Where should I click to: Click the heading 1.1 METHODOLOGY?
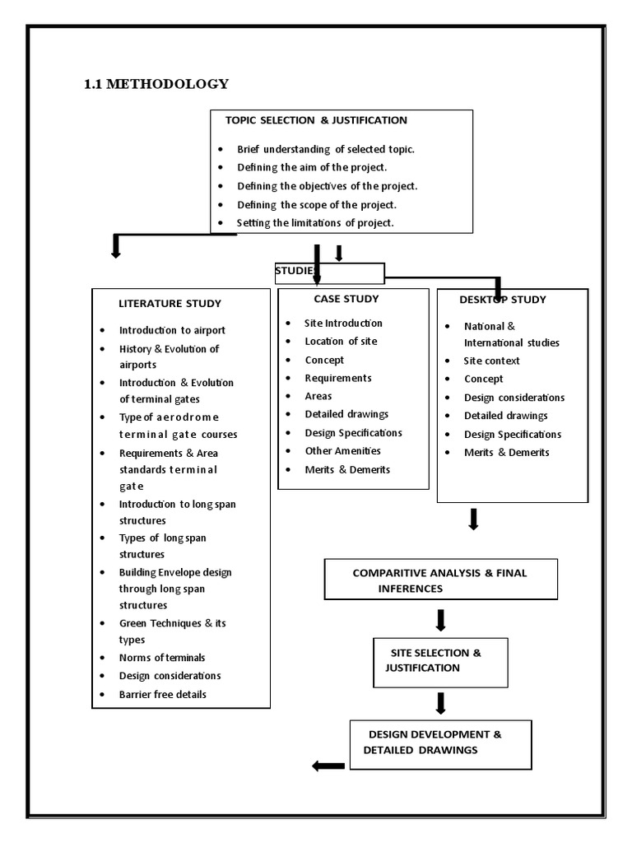point(156,84)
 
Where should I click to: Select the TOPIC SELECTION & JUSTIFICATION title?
point(316,120)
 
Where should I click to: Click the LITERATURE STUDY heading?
point(170,304)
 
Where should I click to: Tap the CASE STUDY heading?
point(346,299)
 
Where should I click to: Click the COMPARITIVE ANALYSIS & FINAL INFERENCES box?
point(440,580)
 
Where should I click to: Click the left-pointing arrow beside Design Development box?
point(328,766)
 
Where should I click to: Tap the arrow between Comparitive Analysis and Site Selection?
point(441,620)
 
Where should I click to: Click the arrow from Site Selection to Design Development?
point(441,702)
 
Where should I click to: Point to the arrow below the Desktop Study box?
point(473,519)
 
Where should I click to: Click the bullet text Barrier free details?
point(163,694)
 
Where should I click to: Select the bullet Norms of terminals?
point(162,658)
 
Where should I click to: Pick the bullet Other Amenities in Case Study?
point(342,451)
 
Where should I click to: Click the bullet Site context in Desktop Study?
point(492,361)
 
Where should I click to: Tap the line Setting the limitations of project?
point(315,223)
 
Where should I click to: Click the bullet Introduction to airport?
point(172,330)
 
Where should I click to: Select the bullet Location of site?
point(341,341)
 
